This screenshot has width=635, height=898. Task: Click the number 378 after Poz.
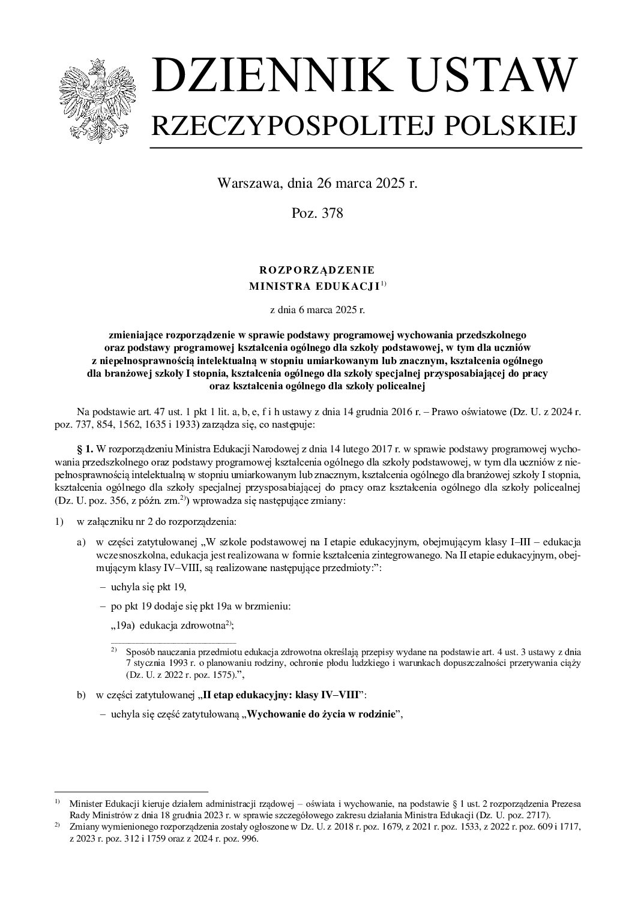coord(331,213)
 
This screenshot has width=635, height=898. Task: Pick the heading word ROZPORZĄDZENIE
coord(317,270)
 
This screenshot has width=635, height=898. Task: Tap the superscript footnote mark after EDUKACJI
coord(384,284)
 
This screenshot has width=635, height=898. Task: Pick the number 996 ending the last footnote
coord(248,839)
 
